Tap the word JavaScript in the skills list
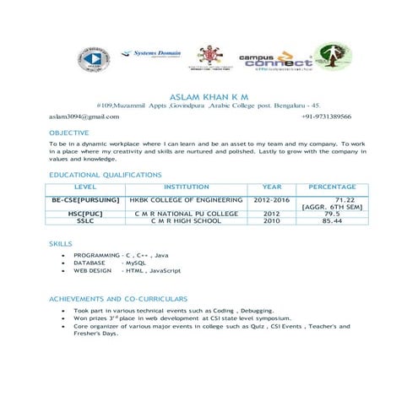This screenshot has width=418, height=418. click(x=166, y=271)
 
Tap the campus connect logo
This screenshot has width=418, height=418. click(x=269, y=62)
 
